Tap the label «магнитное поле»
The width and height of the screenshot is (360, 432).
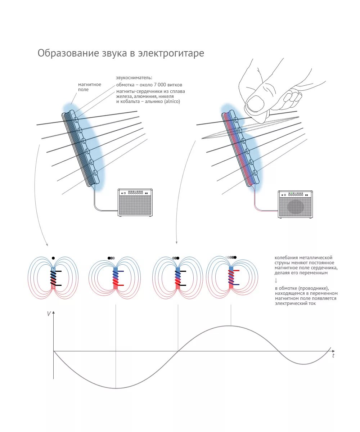pos(90,87)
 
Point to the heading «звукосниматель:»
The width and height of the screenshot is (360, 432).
pos(134,77)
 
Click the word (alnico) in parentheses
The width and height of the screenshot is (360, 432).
pos(172,102)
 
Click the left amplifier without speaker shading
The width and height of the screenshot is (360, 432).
pos(135,202)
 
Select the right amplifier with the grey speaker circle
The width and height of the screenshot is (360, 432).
pos(296,204)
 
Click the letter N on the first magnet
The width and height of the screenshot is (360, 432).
pos(53,269)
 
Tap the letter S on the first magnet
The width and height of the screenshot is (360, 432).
pos(53,287)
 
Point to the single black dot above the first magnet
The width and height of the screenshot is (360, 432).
pos(53,258)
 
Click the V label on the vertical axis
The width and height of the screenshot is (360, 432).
pos(49,314)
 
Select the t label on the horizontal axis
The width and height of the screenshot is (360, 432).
pos(333,356)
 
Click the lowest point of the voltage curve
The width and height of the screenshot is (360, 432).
pos(116,388)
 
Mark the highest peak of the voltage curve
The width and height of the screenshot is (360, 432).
pos(231,326)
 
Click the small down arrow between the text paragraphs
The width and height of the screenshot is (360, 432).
pos(276,280)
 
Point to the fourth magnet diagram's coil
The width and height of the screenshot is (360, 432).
pos(231,277)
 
